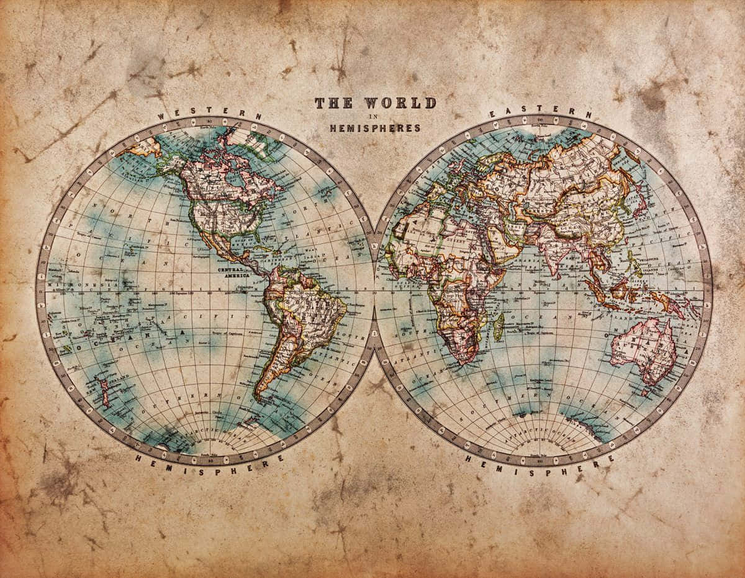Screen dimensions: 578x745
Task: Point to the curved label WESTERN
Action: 209,113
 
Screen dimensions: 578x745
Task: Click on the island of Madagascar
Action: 498,326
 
